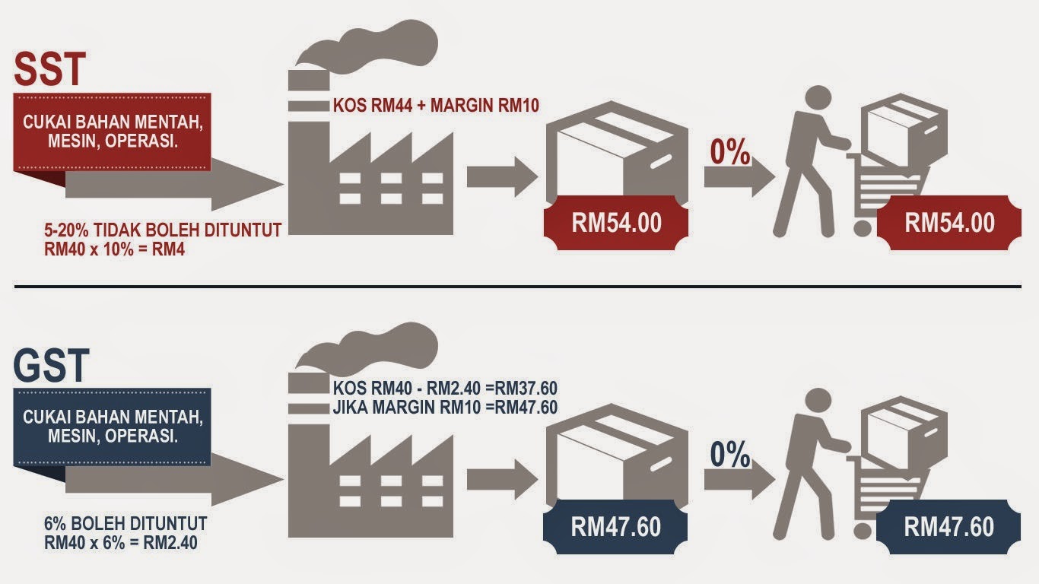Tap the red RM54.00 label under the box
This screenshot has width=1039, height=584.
pyautogui.click(x=616, y=222)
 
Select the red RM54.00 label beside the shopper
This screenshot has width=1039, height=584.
pyautogui.click(x=949, y=222)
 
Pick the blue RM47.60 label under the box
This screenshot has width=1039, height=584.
pyautogui.click(x=615, y=526)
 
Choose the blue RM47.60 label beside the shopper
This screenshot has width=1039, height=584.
pyautogui.click(x=948, y=527)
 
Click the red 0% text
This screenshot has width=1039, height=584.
pyautogui.click(x=730, y=152)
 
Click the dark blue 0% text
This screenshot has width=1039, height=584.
pyautogui.click(x=730, y=455)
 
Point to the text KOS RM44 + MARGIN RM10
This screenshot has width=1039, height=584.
pyautogui.click(x=436, y=106)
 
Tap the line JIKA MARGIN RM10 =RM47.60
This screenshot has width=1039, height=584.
pyautogui.click(x=445, y=408)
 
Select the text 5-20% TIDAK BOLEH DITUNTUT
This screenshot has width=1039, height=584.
pyautogui.click(x=164, y=229)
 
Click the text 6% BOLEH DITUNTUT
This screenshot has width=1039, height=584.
pyautogui.click(x=126, y=525)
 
